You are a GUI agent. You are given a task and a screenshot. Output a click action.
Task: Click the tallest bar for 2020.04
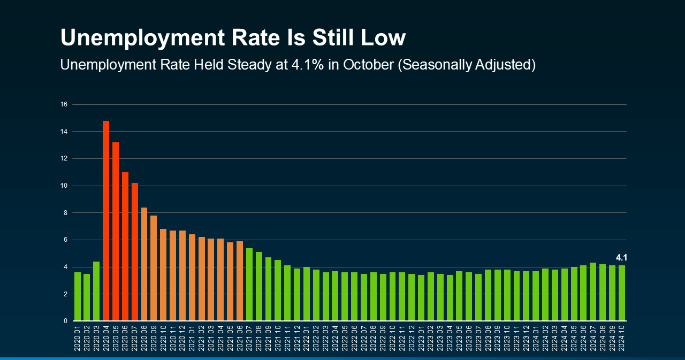106,220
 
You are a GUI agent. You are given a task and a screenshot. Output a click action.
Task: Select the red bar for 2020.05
116,231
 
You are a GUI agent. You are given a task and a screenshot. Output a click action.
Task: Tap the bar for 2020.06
125,246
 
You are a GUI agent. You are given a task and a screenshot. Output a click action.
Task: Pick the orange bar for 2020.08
144,264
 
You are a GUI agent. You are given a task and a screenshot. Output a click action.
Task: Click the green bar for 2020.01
78,296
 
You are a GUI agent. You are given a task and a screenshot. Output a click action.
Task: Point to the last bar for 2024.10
622,293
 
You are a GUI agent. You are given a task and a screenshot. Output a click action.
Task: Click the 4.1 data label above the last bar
621,257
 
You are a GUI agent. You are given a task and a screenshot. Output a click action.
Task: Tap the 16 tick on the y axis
64,104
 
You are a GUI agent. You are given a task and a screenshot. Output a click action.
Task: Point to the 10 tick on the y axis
64,186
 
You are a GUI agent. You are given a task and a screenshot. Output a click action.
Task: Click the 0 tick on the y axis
65,321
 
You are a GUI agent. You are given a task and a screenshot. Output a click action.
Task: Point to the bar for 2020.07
135,251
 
